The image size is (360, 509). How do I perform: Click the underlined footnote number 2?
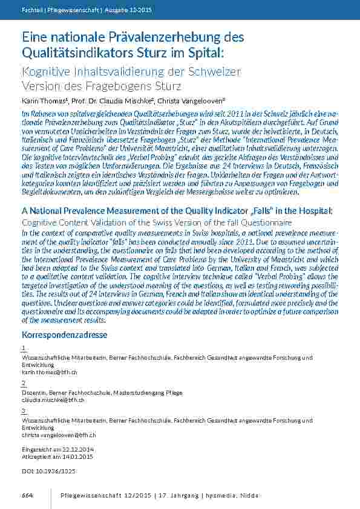tap(23, 383)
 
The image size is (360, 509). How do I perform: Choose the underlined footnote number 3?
tap(23, 410)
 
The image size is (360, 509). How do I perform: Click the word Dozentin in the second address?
tap(31, 393)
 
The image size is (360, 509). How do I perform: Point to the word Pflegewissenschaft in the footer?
tap(91, 496)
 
